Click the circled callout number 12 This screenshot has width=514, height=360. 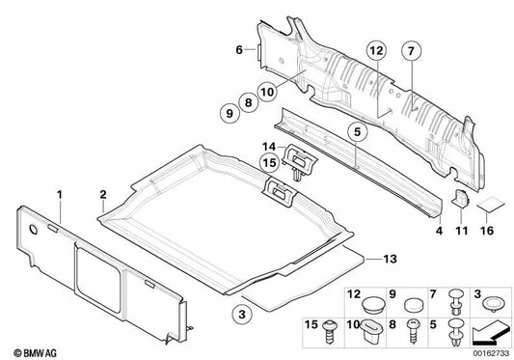tap(376, 51)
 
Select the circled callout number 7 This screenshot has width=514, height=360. tap(412, 51)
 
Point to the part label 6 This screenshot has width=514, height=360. tap(239, 50)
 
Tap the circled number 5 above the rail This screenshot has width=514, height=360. tap(357, 131)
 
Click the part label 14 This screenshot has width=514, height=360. tap(269, 147)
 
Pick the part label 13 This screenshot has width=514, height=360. tap(391, 259)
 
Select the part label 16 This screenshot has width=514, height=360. tap(487, 231)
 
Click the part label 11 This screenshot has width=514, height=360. tap(462, 231)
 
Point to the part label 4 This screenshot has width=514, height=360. tap(439, 231)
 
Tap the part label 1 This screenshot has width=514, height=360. tap(60, 195)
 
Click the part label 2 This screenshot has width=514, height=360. tap(103, 195)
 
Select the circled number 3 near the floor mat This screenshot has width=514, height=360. tap(242, 315)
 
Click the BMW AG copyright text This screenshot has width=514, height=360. tap(35, 353)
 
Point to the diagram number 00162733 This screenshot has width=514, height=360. tap(491, 353)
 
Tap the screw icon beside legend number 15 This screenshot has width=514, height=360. tap(329, 332)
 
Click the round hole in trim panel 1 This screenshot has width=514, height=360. tap(34, 230)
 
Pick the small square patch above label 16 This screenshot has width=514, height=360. tap(491, 205)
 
